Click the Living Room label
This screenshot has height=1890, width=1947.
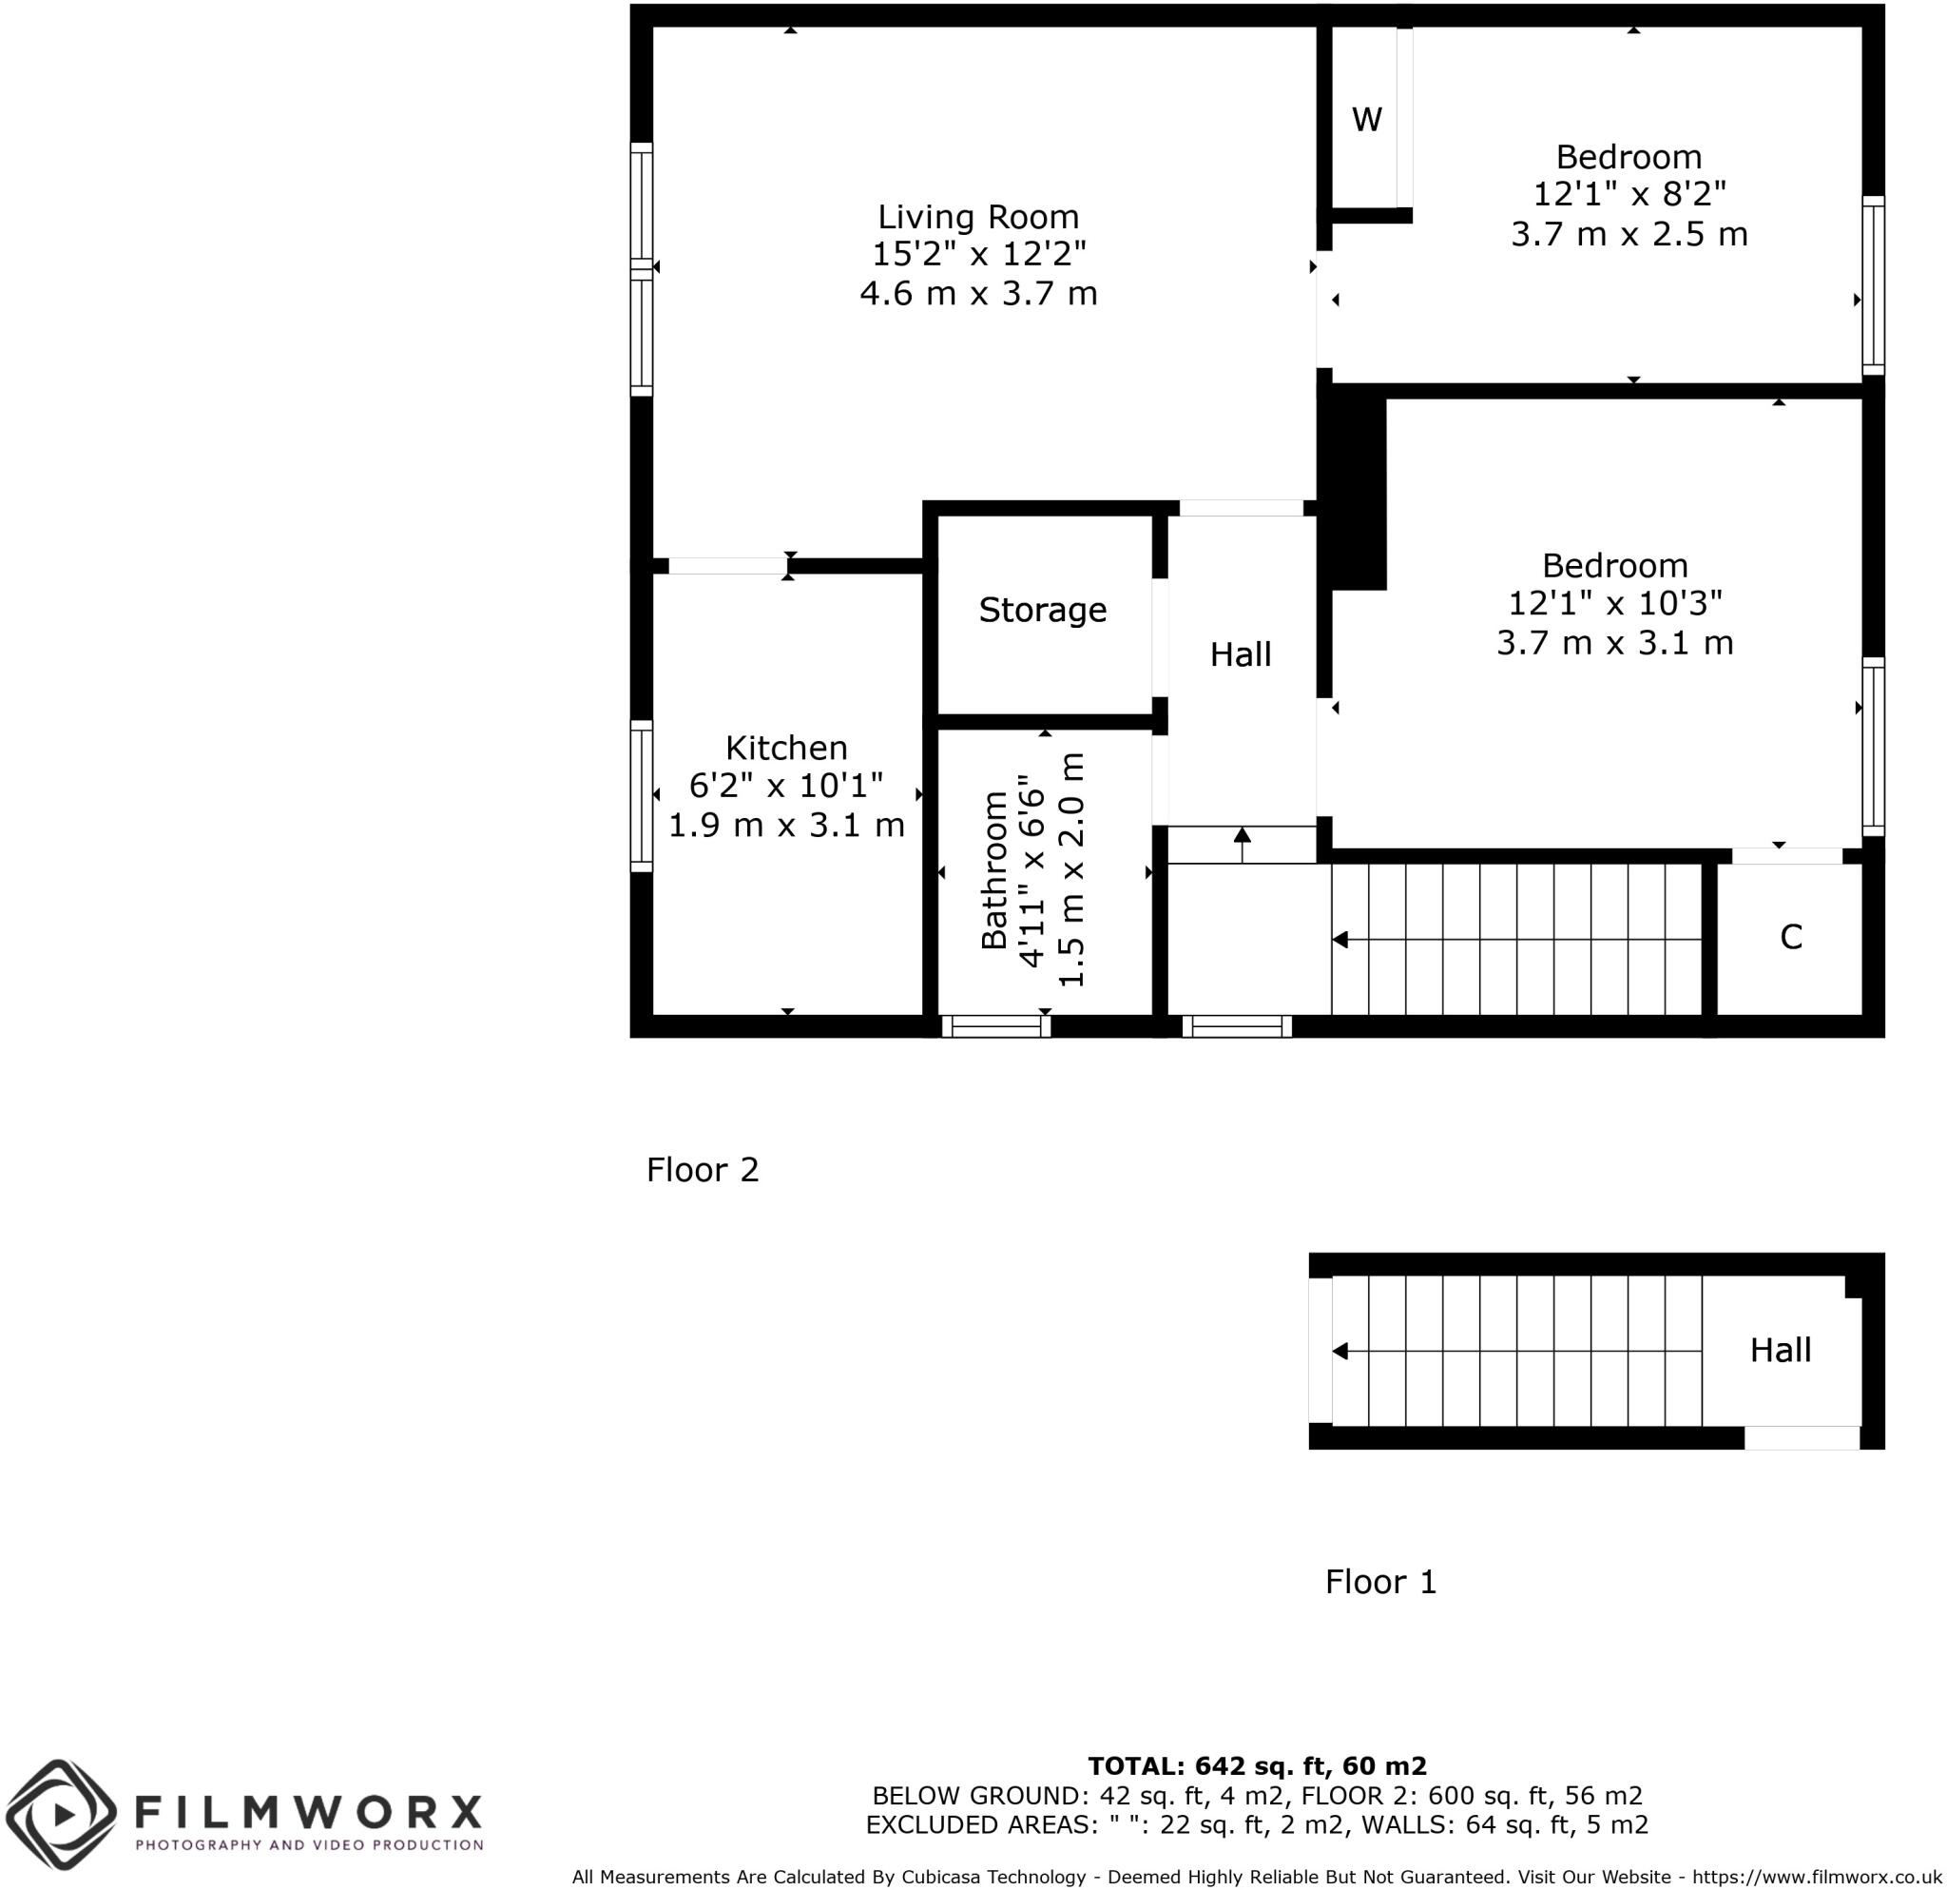tap(977, 217)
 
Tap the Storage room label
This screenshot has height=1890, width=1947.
tap(1042, 609)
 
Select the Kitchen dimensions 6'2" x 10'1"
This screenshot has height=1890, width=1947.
tap(786, 786)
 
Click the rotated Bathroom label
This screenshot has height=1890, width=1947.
tap(994, 870)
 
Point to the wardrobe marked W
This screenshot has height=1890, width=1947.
tap(1366, 120)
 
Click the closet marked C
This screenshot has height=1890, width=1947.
tap(1790, 937)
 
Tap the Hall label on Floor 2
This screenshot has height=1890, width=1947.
tap(1240, 653)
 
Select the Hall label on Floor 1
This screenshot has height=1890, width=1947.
tap(1780, 1350)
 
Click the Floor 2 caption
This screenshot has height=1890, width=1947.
tap(703, 1170)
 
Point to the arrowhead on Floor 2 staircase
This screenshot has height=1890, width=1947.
tap(1340, 939)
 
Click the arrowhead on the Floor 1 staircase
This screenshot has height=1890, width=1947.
tap(1340, 1352)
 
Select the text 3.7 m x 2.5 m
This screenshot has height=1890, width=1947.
tap(1629, 235)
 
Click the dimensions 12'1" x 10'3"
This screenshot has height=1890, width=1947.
tap(1614, 603)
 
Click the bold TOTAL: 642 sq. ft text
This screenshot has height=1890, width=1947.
tap(1257, 1765)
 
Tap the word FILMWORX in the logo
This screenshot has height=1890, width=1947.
tap(307, 1810)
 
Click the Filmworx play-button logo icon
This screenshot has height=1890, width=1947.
tap(62, 1815)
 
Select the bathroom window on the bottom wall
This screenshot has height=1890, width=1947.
tap(995, 1026)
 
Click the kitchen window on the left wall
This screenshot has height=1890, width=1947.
tap(642, 796)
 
